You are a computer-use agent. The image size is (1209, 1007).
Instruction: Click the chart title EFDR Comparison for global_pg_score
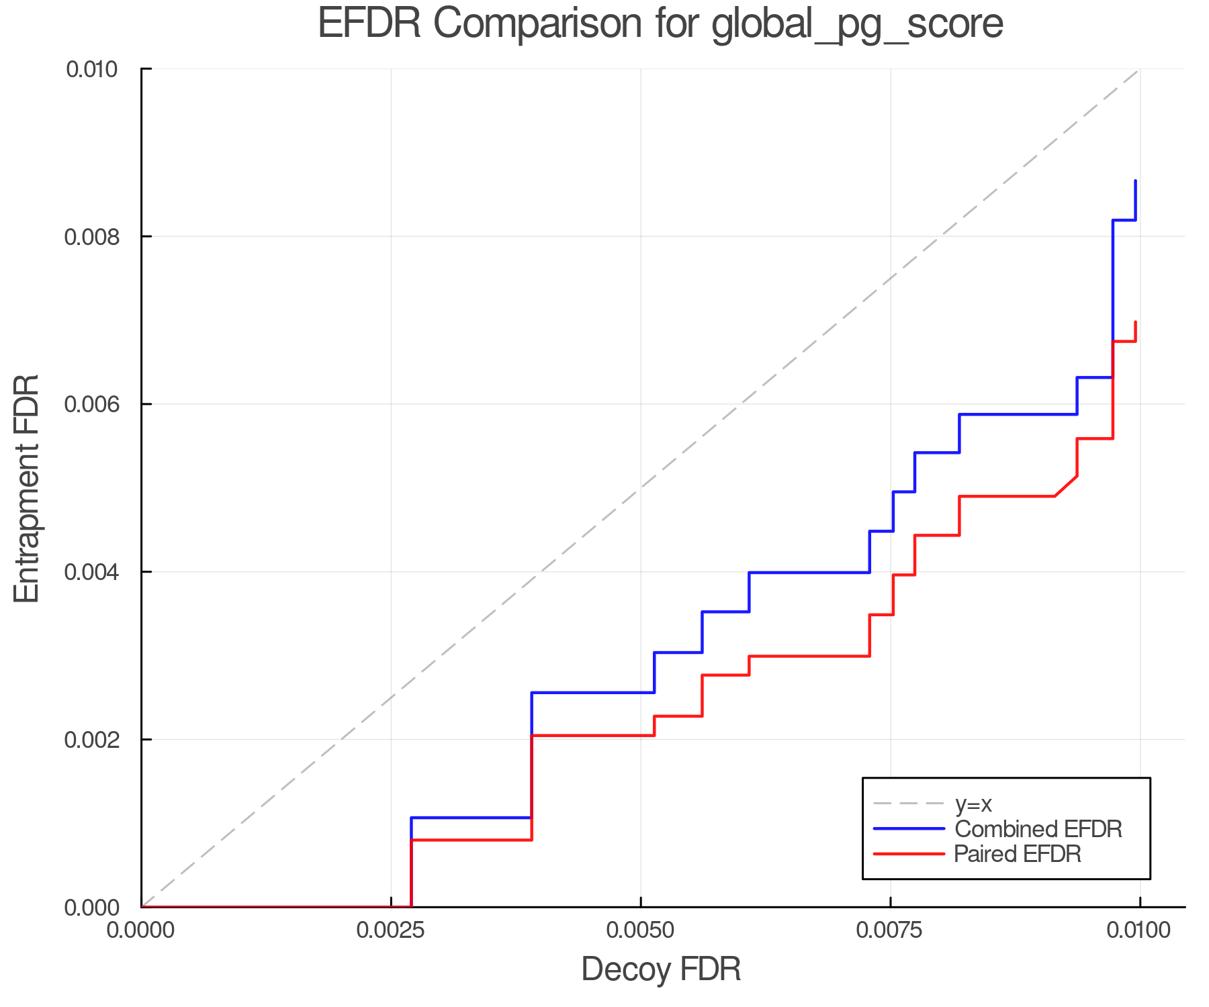tap(660, 23)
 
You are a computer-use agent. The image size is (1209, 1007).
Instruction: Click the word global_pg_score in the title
tap(857, 23)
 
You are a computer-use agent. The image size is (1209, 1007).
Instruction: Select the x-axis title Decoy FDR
tap(661, 969)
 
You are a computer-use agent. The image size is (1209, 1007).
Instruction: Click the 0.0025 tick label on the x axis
tap(391, 930)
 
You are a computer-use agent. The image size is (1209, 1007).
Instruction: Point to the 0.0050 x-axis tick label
tap(641, 930)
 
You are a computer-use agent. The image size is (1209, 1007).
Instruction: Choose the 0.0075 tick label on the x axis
tap(891, 930)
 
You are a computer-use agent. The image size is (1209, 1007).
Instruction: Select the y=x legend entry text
tap(973, 804)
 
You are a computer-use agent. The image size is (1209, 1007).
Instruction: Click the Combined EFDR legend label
tap(1038, 829)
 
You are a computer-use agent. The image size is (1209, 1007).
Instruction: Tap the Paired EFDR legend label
tap(1018, 854)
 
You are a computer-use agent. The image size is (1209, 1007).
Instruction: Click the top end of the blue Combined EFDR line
tap(1135, 181)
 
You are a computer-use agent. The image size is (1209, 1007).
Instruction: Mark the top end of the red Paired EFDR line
tap(1135, 323)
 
